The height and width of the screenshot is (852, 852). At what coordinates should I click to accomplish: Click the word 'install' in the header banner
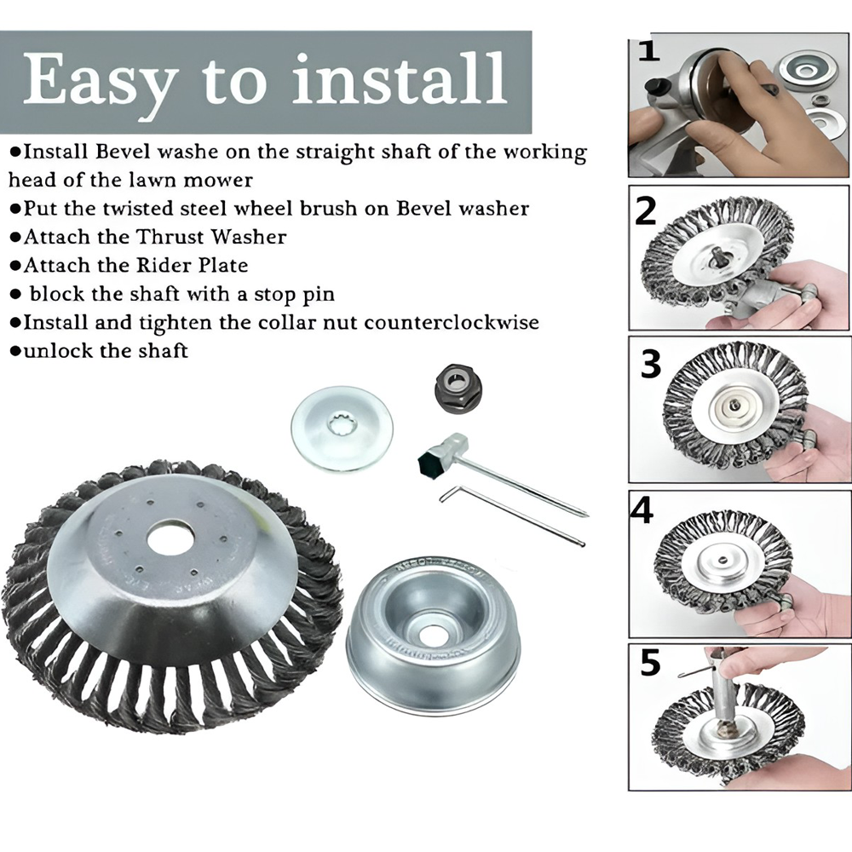398,79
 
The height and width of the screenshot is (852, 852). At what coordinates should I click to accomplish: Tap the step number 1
649,51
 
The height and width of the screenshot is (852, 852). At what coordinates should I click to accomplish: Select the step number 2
647,210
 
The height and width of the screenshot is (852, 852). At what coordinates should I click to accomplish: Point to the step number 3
651,364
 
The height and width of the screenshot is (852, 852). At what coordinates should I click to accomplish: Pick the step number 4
642,511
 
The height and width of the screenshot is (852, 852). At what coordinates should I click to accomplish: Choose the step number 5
650,663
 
